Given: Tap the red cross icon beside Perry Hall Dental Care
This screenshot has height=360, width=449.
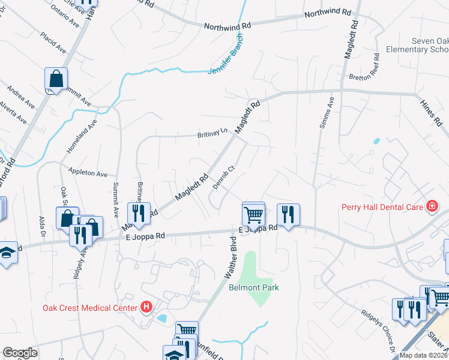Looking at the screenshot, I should coord(431,207).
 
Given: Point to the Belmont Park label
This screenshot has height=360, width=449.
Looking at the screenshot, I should coord(255,287).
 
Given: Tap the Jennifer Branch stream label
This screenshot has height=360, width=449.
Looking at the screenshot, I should coord(228,60).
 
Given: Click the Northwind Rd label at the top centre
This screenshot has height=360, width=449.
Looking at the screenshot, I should coord(227,26).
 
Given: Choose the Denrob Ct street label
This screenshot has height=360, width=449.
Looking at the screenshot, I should coord(222,176).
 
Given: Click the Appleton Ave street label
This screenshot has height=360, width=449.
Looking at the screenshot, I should coord(88,173).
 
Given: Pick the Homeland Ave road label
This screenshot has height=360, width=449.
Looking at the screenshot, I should coord(82,137).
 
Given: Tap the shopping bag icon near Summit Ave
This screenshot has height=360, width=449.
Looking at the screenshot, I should coord(56,79).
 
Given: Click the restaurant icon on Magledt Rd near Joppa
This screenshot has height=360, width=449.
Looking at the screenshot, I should coord(138,214).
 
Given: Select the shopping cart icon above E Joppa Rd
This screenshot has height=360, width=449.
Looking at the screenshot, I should coord(253,213).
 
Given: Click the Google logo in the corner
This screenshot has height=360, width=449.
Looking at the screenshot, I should coord(20,353).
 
